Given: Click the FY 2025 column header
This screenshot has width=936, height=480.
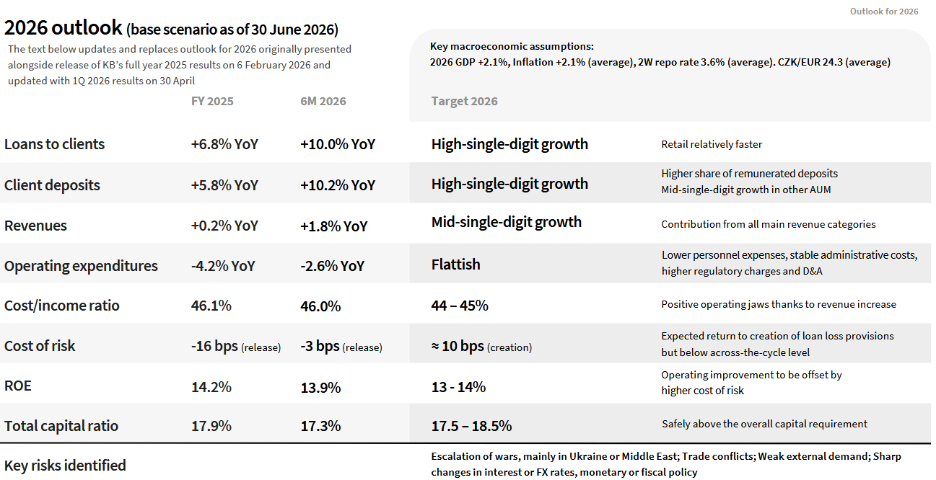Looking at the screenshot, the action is [212, 102].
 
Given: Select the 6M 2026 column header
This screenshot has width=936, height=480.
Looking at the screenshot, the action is [323, 102].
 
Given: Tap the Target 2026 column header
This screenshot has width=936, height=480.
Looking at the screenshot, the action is [464, 102].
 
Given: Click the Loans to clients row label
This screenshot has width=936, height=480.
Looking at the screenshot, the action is [54, 144].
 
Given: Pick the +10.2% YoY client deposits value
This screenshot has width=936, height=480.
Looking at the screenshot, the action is [338, 185].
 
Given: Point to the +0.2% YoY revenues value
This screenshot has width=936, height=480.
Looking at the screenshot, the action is [224, 226].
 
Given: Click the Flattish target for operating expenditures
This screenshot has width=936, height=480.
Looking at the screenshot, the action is [455, 265].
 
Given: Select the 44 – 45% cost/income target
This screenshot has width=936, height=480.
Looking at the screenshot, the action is [460, 306].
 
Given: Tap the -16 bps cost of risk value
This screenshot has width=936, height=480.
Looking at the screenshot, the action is [236, 347].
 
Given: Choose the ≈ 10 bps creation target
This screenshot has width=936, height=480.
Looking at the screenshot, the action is [481, 347].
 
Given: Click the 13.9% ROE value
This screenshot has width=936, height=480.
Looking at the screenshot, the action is [320, 388].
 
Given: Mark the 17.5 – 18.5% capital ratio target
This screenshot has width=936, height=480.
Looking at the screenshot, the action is [471, 426].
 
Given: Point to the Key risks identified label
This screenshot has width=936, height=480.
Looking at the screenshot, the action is [65, 466].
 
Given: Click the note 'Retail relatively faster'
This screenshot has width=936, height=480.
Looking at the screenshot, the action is [711, 144].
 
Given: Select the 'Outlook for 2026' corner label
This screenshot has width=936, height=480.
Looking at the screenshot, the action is [884, 12].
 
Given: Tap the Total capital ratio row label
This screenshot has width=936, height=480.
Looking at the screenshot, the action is [61, 426].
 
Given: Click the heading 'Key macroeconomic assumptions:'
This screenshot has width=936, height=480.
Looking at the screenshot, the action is [512, 47].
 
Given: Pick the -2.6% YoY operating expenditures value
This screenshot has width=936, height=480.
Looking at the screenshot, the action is [332, 266].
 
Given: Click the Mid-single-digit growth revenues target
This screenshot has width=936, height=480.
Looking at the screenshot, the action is [506, 222].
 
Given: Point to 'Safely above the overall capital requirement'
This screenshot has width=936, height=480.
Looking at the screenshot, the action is [764, 425].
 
